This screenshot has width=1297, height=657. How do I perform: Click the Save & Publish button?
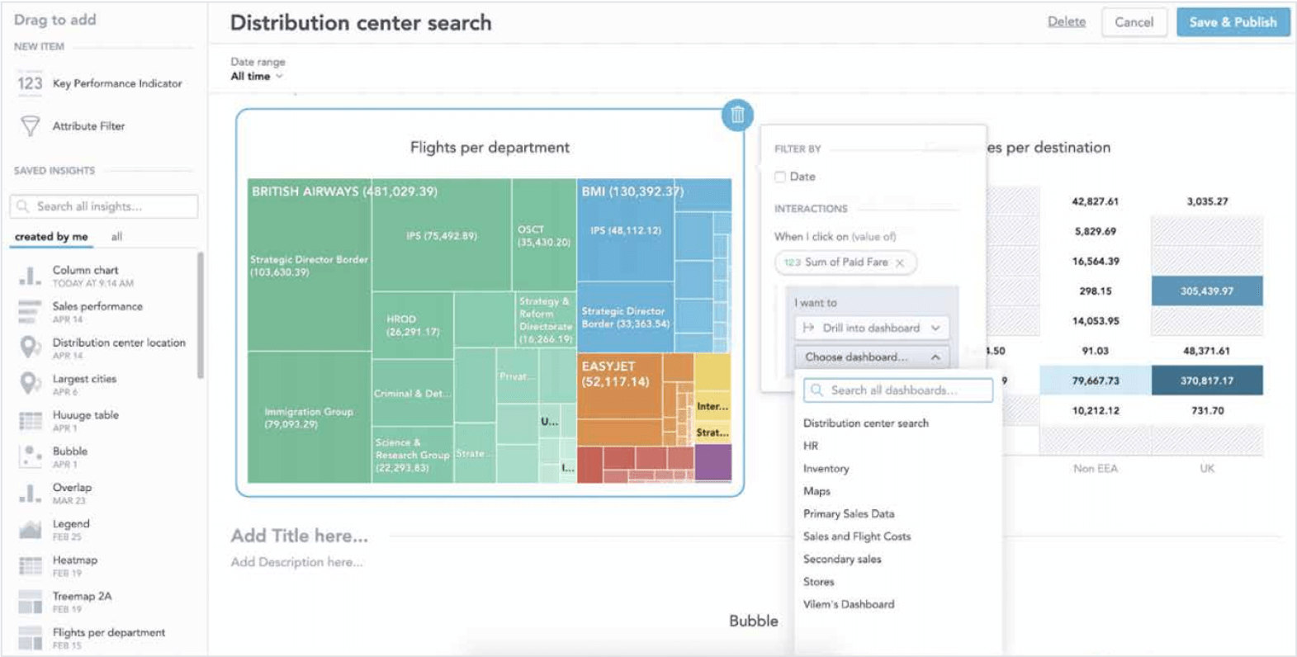coord(1233,22)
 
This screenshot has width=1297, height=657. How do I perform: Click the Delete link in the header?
coord(1066,22)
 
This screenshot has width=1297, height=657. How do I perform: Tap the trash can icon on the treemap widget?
coord(737,115)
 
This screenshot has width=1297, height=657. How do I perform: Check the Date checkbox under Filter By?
coord(780,177)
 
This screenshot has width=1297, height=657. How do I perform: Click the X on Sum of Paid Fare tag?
coord(900,262)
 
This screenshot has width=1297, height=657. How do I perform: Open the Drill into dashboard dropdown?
coord(872,328)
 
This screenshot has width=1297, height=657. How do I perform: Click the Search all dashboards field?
coord(898,390)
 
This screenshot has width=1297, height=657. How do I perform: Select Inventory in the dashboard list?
coord(826,469)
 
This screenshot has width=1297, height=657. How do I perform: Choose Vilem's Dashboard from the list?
coord(848,604)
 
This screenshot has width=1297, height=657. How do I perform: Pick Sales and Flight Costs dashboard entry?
coord(856,536)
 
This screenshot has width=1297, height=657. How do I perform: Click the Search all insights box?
coord(104,206)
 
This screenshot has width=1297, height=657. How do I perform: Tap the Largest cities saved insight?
coord(84,380)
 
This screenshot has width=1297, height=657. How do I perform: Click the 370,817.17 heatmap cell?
coord(1206,380)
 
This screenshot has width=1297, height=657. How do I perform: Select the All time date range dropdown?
coord(256,76)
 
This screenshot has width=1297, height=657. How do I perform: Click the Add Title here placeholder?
coord(299,536)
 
